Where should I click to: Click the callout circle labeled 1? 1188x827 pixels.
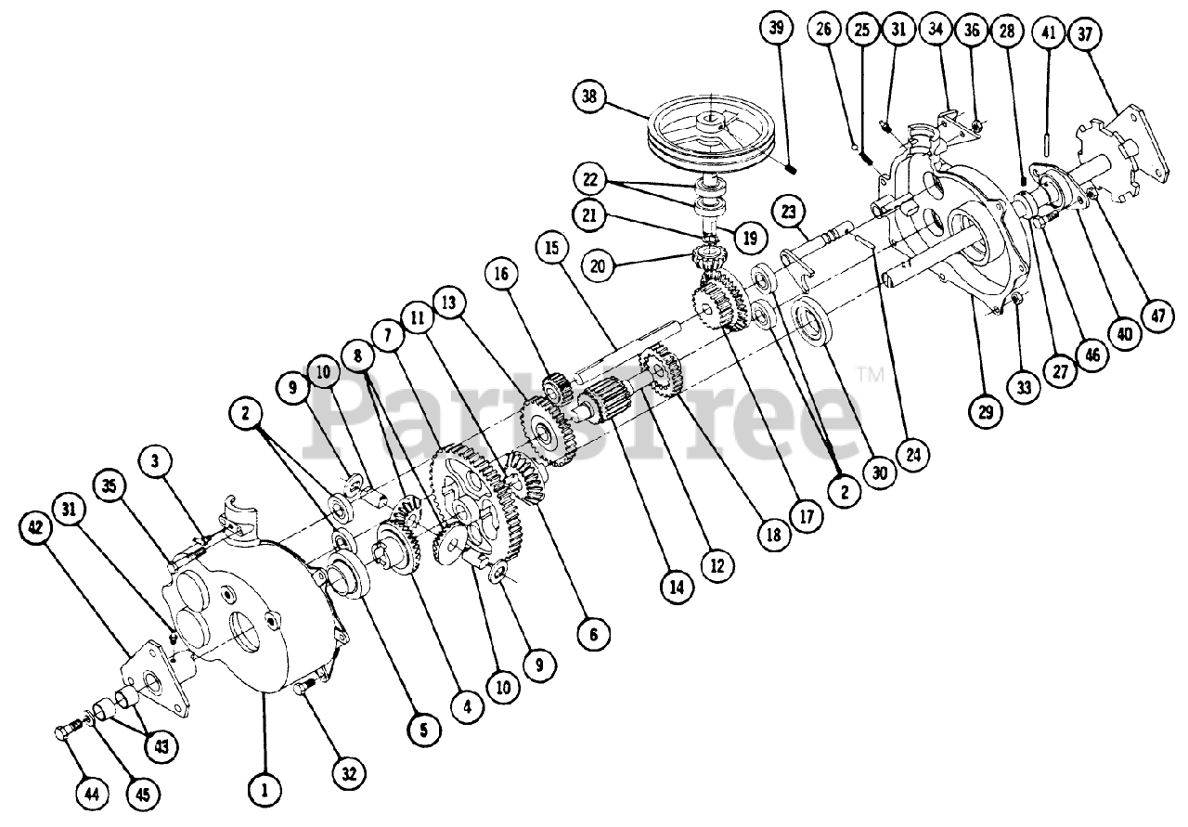click(265, 790)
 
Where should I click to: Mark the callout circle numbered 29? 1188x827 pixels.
click(985, 409)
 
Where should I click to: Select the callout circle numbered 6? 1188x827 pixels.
click(593, 634)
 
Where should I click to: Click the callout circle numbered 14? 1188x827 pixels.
click(678, 586)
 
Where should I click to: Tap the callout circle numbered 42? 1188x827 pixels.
click(36, 528)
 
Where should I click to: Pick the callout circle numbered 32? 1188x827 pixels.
click(352, 771)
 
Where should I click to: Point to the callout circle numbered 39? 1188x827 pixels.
click(776, 28)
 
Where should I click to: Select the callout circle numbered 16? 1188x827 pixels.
click(502, 275)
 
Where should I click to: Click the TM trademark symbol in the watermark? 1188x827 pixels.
click(870, 375)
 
